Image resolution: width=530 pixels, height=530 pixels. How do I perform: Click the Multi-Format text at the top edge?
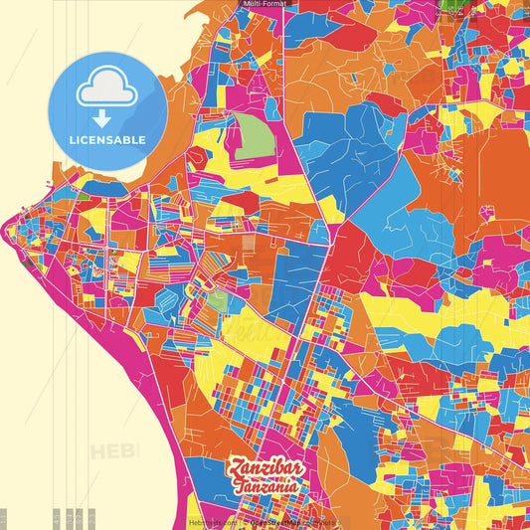coord(265,4)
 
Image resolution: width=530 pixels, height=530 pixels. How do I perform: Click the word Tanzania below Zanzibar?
coord(266,487)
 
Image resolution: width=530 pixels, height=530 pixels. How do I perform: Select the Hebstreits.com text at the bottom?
coord(212,522)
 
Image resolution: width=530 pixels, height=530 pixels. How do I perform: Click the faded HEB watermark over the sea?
coord(113,451)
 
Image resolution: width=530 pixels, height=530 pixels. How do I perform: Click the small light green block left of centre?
coord(217,299)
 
